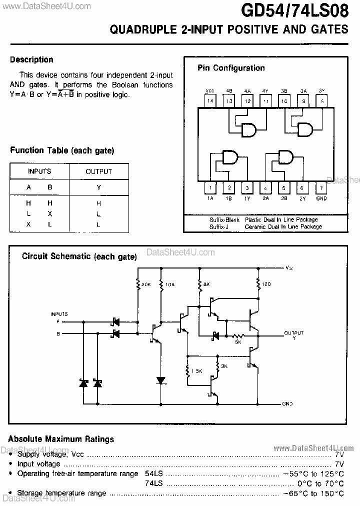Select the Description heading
tap(31, 59)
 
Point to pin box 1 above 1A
tap(210, 188)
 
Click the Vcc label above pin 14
tap(210, 91)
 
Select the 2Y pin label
tap(302, 198)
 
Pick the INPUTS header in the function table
tap(39, 171)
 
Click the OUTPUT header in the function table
tap(98, 171)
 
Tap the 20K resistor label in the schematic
tap(145, 284)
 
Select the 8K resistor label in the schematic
tap(206, 284)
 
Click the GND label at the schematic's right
tap(287, 403)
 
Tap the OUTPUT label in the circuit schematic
tap(293, 332)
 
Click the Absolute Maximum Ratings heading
tap(61, 439)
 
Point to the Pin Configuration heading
tap(231, 68)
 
